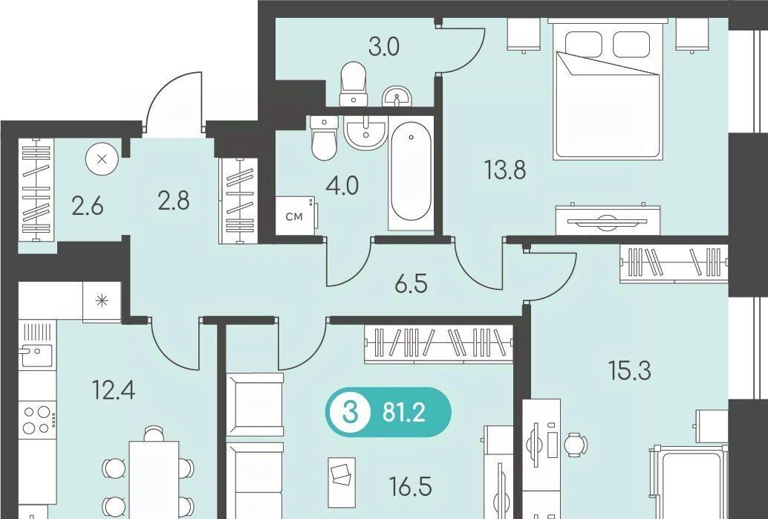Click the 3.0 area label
[x=384, y=47]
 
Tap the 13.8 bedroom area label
[x=504, y=171]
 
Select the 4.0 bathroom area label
[x=343, y=186]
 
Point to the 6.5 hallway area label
[x=411, y=284]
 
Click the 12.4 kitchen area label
[x=114, y=390]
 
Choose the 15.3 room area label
[x=629, y=370]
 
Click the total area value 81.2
[x=403, y=413]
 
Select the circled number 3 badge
[x=348, y=413]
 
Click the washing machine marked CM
[x=296, y=216]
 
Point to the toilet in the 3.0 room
[x=354, y=83]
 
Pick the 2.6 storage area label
[x=87, y=207]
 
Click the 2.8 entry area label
[x=173, y=201]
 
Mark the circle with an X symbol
[x=102, y=159]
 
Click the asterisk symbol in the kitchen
[x=102, y=301]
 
